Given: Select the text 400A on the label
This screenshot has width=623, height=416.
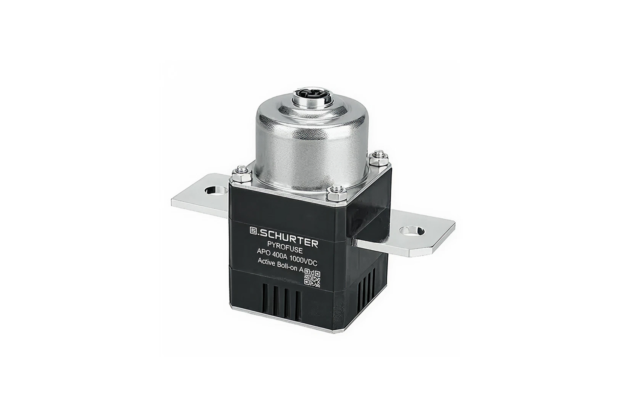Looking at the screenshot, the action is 281,255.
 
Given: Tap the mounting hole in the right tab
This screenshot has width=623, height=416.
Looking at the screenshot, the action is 412,230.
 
